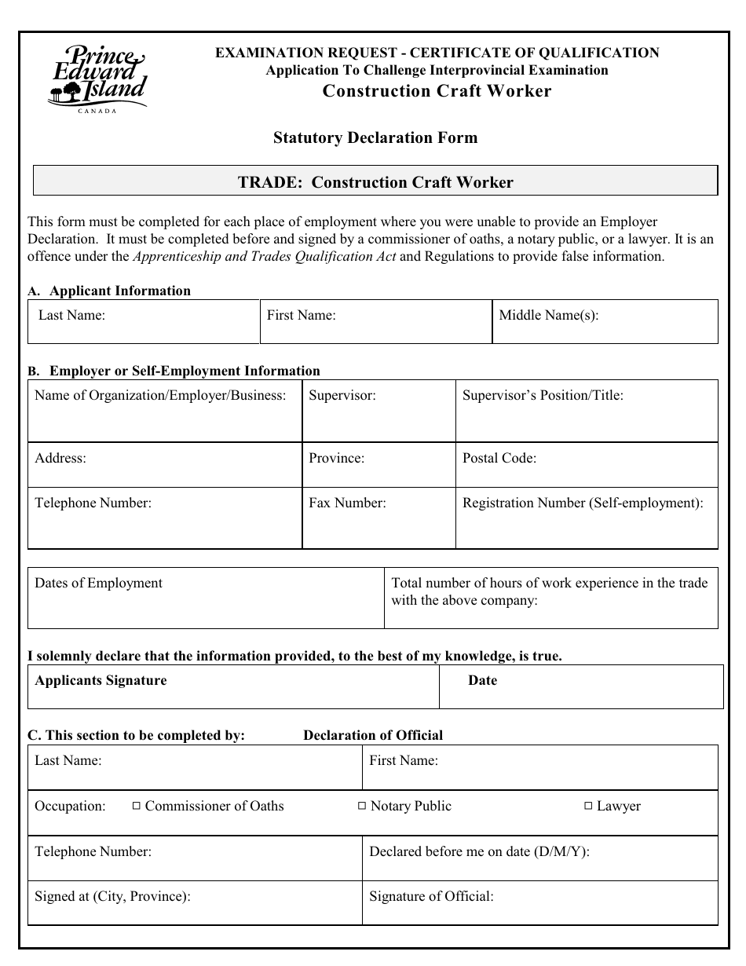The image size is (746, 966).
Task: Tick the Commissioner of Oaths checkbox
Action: [136, 806]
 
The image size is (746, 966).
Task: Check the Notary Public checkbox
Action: [362, 806]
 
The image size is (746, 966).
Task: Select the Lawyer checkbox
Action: [588, 806]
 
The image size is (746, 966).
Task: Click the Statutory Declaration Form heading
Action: [375, 138]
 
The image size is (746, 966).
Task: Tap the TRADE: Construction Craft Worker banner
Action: [375, 182]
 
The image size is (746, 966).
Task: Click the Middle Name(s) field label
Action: [548, 316]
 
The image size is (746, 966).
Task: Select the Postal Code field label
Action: [499, 458]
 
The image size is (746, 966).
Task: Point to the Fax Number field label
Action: [346, 503]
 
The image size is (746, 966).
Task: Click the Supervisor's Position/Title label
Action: [542, 395]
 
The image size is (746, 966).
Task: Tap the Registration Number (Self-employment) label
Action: [582, 503]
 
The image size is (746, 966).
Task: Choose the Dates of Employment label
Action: [98, 583]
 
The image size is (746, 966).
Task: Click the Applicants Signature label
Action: [101, 680]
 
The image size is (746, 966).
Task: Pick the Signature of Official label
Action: [430, 896]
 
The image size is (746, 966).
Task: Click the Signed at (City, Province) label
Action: [112, 896]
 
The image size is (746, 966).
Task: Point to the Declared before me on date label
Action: [478, 851]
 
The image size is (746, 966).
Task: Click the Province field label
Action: [336, 458]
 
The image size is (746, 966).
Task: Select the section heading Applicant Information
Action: [119, 291]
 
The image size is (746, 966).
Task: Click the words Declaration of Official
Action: [372, 735]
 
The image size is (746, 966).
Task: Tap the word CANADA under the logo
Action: [97, 112]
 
